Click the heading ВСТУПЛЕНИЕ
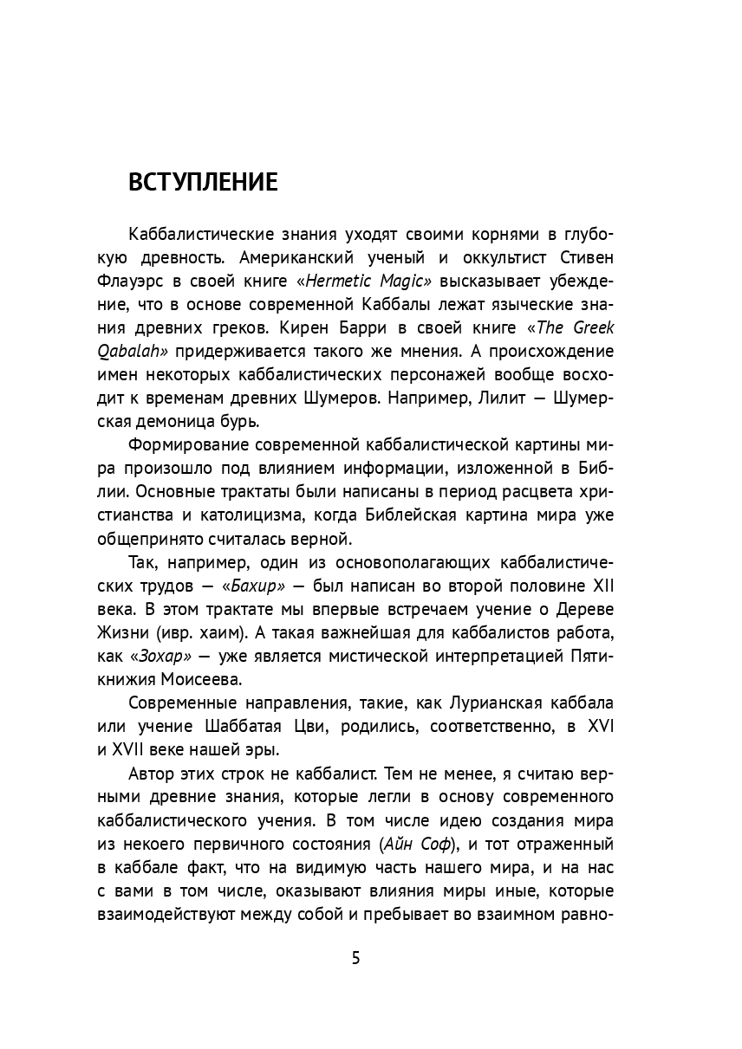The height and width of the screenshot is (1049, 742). pos(203,184)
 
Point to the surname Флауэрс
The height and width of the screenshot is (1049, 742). pos(162,282)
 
